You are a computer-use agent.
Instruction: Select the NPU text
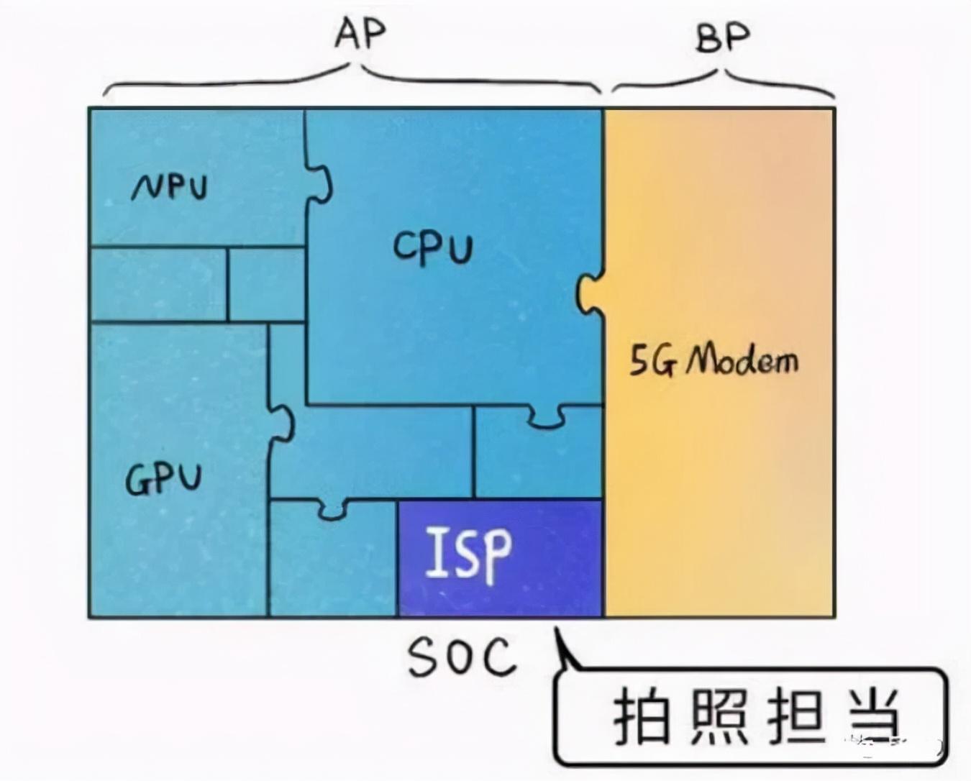(x=170, y=187)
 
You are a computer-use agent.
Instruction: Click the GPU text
(x=163, y=478)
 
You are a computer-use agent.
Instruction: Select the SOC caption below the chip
(x=462, y=656)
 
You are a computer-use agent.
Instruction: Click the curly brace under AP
(x=352, y=79)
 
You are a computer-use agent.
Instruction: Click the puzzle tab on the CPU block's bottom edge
(x=547, y=416)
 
